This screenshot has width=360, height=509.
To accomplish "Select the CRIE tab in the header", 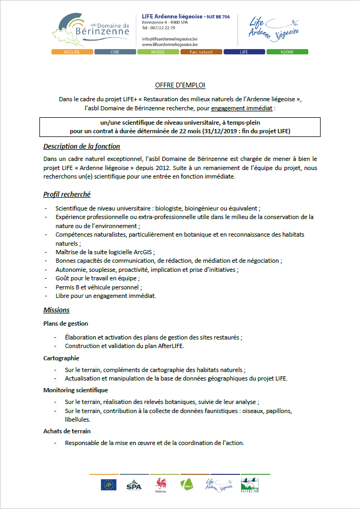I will click(114, 52).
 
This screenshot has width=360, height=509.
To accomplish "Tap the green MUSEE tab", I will click(158, 52).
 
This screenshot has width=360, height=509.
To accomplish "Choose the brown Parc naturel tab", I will click(201, 52).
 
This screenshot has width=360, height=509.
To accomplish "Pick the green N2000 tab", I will click(287, 52).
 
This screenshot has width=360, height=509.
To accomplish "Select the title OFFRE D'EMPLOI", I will click(180, 85).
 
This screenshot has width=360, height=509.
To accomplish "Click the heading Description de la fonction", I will click(81, 147).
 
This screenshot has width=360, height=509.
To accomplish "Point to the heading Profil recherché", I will click(67, 195).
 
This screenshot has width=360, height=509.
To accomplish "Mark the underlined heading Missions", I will click(56, 310).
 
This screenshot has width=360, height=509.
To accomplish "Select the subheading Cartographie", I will click(61, 358).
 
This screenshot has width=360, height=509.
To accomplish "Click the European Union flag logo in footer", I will click(108, 484).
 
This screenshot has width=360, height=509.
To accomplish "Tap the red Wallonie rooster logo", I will click(160, 483).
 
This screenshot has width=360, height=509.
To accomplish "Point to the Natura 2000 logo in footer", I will click(250, 484).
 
